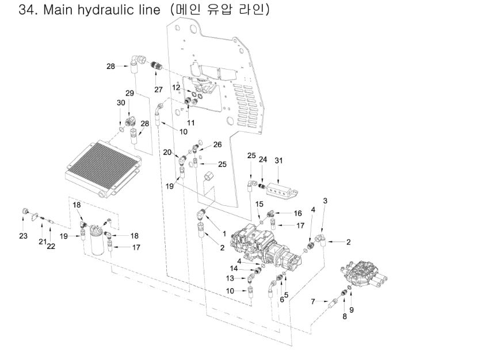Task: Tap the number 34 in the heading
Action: tap(28, 10)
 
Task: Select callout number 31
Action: tap(279, 160)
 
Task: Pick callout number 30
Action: tap(121, 102)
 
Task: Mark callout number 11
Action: tap(190, 122)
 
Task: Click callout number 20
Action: tap(167, 152)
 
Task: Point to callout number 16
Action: tap(297, 213)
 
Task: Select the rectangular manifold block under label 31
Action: tap(281, 184)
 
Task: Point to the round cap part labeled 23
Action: tap(26, 212)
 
